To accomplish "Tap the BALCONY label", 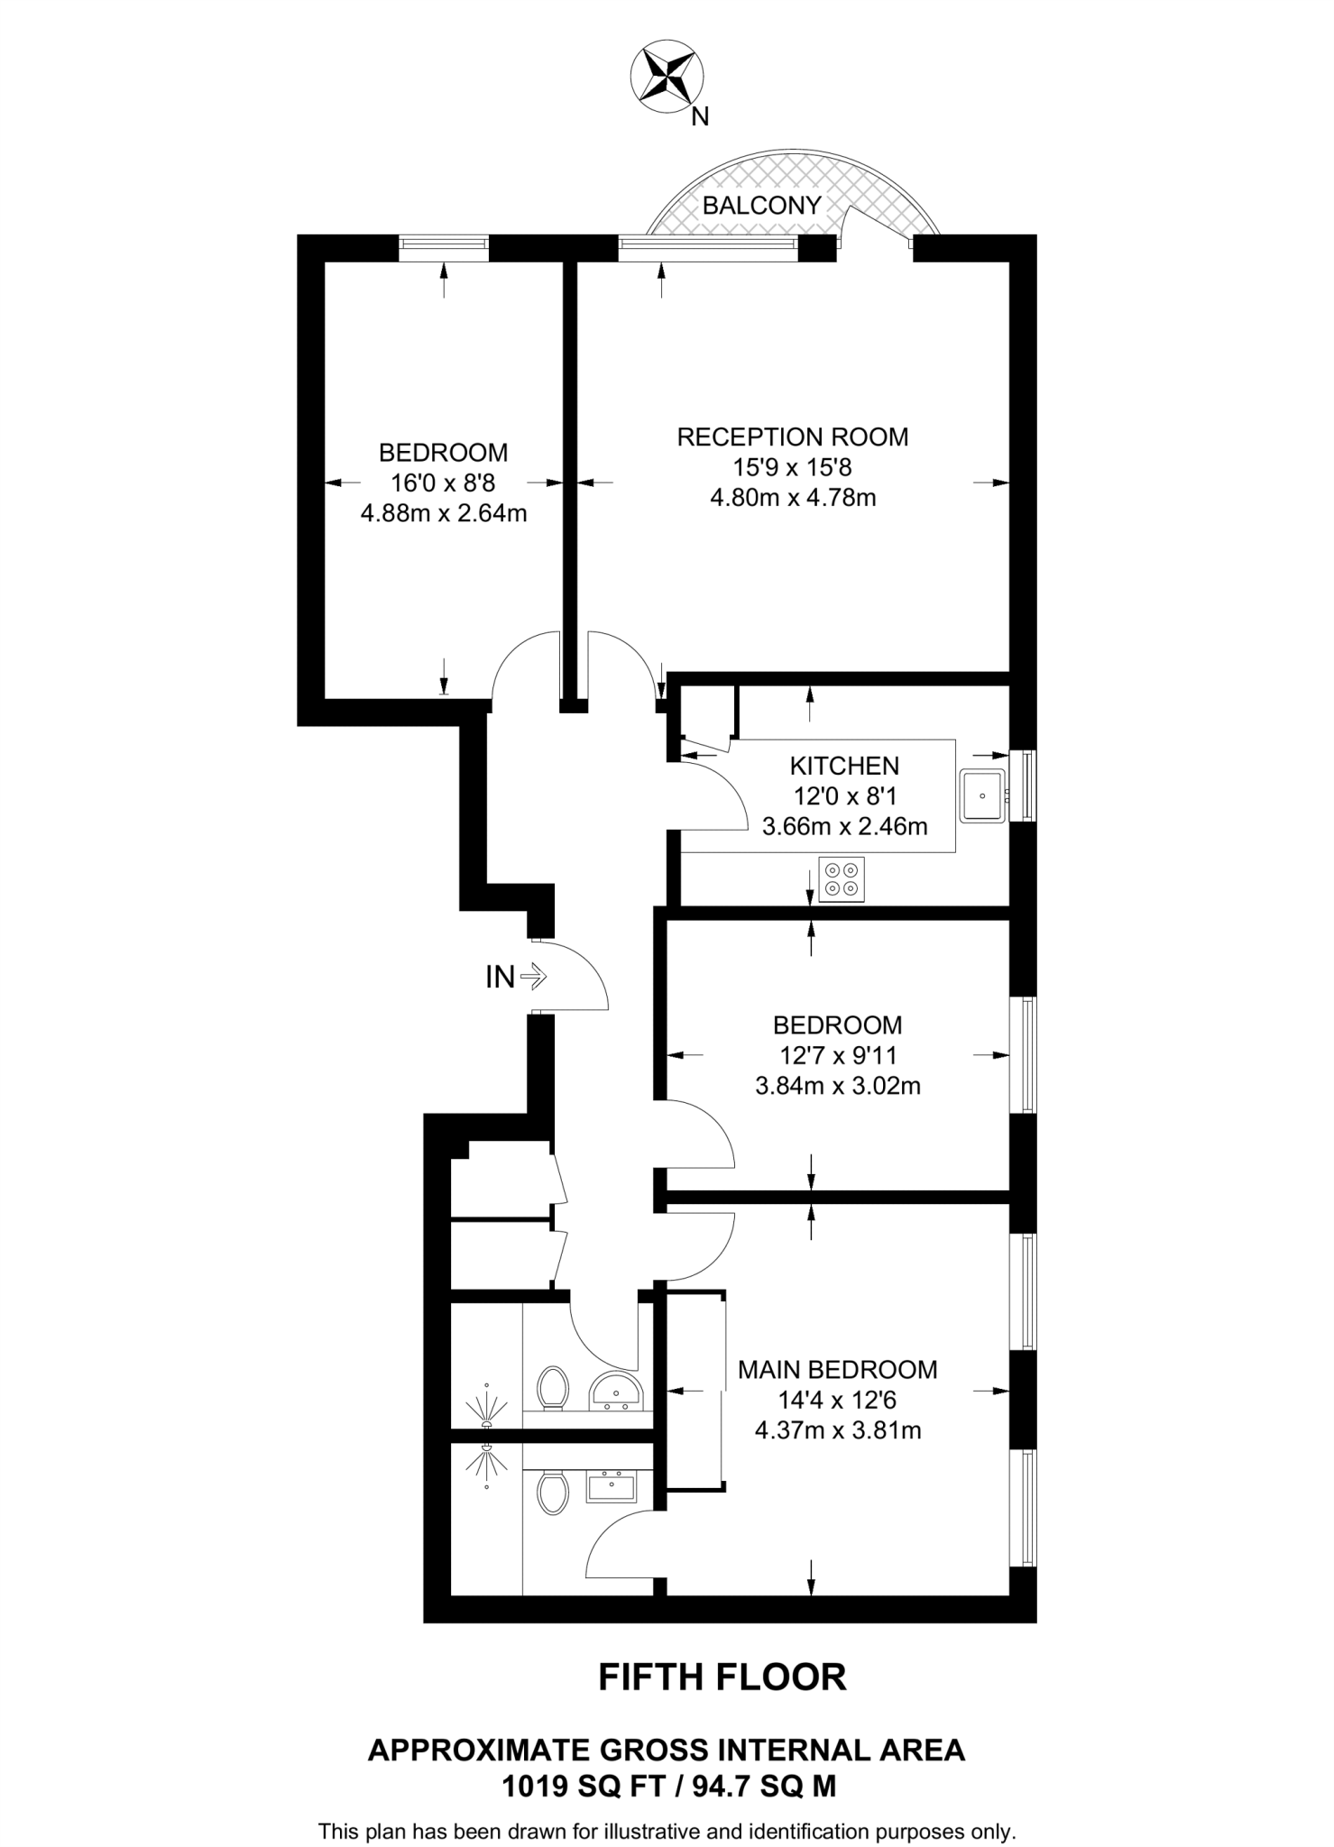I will click(761, 206).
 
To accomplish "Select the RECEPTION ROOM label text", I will click(792, 437).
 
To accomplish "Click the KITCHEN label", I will click(844, 766).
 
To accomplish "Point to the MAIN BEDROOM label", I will click(837, 1370).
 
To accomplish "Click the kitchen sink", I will click(981, 796).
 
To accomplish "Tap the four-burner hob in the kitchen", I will click(842, 879).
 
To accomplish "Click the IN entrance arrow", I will click(533, 976).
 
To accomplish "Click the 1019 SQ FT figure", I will click(586, 1786).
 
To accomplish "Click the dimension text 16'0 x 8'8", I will click(443, 483).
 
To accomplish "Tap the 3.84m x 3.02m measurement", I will click(837, 1086).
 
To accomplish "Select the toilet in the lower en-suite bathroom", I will click(552, 1493).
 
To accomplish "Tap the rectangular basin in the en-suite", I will click(612, 1485).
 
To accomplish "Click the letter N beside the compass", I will click(700, 116).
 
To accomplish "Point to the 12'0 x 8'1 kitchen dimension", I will click(844, 796).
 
